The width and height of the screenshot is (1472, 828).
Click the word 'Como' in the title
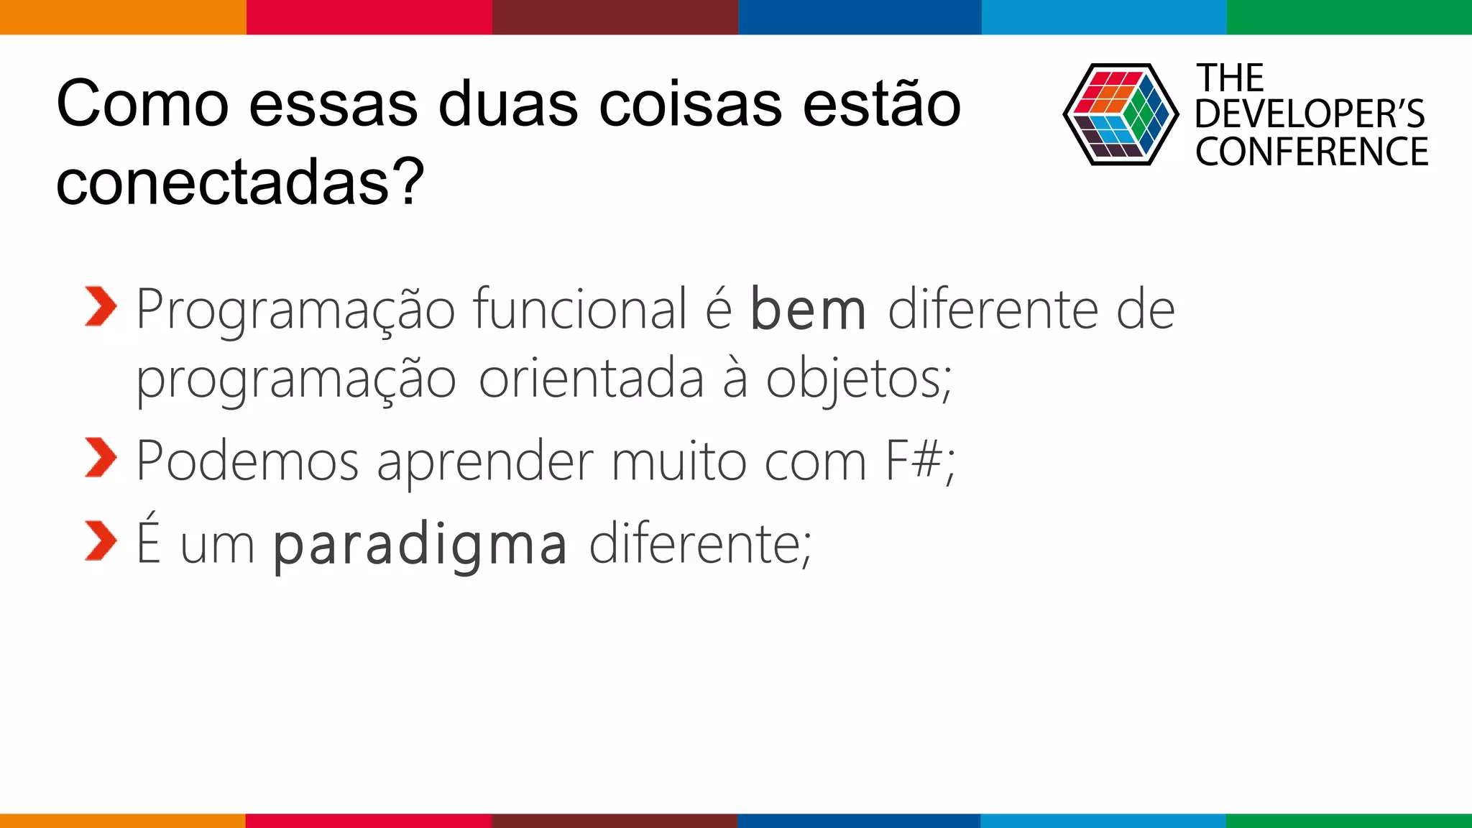[x=142, y=105]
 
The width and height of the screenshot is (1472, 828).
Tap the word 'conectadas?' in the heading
[x=240, y=183]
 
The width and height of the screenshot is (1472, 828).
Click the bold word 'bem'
[x=808, y=310]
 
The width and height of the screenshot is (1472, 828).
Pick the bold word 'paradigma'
[x=420, y=545]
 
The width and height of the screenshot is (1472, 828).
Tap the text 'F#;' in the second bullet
[x=920, y=461]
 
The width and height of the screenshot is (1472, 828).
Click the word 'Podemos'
[x=247, y=461]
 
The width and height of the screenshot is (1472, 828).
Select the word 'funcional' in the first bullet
[x=579, y=309]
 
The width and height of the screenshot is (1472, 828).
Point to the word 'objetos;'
[x=858, y=379]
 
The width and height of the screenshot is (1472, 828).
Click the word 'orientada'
[x=591, y=379]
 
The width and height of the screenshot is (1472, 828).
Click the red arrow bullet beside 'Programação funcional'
[x=100, y=307]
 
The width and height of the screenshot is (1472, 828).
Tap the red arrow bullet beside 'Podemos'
[x=100, y=457]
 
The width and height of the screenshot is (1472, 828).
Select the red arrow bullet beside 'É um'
[x=100, y=540]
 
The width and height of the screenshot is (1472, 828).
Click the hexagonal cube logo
[x=1121, y=114]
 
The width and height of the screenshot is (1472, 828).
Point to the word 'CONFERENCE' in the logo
[x=1312, y=152]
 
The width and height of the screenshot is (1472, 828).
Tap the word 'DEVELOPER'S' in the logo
[x=1310, y=114]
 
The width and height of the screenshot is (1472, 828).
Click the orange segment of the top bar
[x=123, y=17]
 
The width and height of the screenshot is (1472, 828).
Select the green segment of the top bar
[x=1349, y=17]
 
